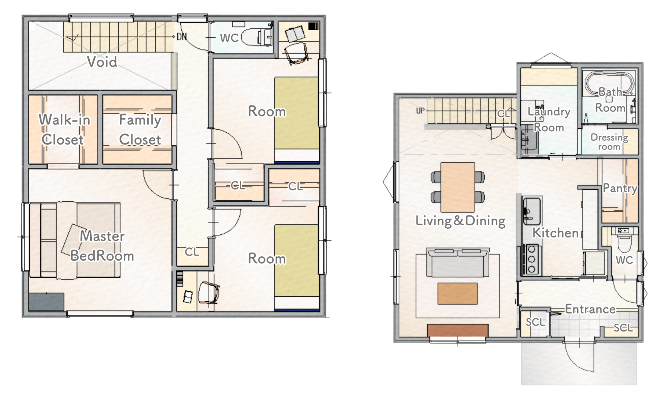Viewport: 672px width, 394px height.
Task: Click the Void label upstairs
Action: coord(102,62)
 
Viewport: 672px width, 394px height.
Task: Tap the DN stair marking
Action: coord(182,36)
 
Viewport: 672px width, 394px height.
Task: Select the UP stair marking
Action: coord(420,110)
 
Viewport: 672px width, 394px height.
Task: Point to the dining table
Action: coord(458,187)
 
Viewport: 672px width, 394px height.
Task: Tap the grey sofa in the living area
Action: coord(458,263)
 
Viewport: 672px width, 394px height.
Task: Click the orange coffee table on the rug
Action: coord(458,294)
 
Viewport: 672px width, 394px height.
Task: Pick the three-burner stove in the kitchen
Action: coord(531,259)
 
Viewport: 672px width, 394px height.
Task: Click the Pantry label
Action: coord(620,188)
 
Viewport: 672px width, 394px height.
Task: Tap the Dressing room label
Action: coord(609,142)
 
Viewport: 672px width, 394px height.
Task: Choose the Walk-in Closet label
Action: coord(64,129)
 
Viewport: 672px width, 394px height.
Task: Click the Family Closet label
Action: coord(140,130)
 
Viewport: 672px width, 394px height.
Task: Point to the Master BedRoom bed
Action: coord(75,240)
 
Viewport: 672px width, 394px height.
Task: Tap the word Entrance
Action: coord(590,309)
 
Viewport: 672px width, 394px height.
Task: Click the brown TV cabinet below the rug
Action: coord(458,330)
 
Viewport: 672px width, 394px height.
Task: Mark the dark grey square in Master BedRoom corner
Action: coord(46,302)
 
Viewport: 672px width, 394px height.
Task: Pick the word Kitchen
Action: coord(555,233)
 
